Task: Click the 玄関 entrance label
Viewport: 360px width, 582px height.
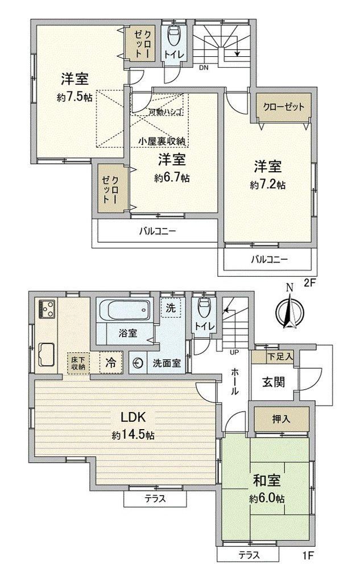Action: (274, 382)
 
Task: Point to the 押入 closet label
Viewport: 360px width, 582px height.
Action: (282, 419)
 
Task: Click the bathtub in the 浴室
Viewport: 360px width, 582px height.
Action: (125, 310)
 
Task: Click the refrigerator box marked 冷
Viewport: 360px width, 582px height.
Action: (110, 362)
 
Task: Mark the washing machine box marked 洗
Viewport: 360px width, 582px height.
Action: (171, 307)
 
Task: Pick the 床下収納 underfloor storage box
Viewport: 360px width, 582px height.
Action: (78, 363)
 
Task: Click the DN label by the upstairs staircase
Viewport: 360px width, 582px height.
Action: (204, 68)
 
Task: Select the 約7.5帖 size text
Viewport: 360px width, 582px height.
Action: (75, 97)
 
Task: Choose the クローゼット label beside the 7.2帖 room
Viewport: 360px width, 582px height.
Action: (284, 107)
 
